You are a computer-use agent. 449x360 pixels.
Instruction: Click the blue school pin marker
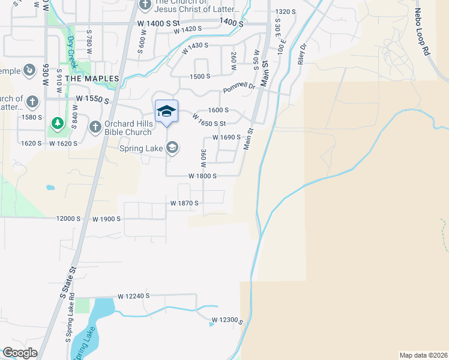click(x=166, y=112)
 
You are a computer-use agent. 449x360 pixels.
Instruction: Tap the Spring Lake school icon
click(x=172, y=148)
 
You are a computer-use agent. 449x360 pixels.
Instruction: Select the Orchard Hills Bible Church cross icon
click(x=95, y=127)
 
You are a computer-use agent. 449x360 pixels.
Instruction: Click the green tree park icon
click(x=58, y=124)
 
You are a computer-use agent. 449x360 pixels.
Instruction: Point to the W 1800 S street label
click(x=202, y=176)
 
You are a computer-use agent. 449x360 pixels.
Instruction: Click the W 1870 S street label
click(x=184, y=204)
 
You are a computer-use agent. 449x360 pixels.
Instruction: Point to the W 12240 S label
click(x=133, y=296)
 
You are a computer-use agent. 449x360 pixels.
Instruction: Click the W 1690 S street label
click(x=226, y=137)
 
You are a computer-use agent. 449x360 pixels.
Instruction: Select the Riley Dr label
click(x=302, y=53)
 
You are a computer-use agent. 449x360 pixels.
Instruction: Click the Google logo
click(x=20, y=353)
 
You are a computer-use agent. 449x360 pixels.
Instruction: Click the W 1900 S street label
click(x=107, y=219)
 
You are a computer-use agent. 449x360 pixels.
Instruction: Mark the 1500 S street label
click(x=200, y=77)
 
